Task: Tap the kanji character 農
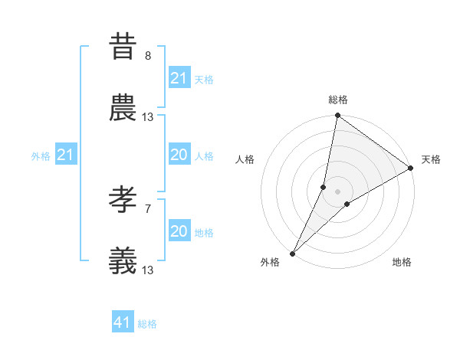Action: tap(123, 109)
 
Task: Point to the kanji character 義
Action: tap(123, 262)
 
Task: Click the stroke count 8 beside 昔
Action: tap(148, 55)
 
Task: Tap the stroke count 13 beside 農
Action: tap(148, 117)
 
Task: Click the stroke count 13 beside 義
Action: tap(148, 270)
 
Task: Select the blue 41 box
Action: tap(123, 323)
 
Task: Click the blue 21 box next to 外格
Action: tap(66, 155)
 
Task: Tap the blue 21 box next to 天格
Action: tap(179, 78)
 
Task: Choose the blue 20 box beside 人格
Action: tap(179, 155)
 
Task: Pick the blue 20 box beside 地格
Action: tap(179, 231)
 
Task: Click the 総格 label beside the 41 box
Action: tap(147, 324)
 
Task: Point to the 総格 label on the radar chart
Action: tap(338, 100)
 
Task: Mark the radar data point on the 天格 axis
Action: tap(411, 169)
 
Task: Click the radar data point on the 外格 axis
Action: tap(292, 253)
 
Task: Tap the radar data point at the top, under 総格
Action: tap(337, 116)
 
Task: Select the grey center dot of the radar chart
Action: tap(338, 191)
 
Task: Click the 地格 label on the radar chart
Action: tap(402, 263)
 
